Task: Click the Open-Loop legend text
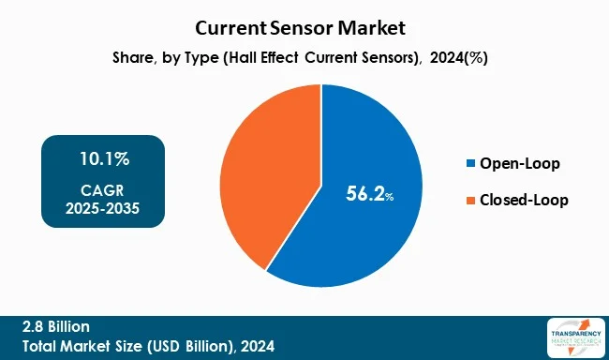[519, 164]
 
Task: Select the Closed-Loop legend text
[524, 200]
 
